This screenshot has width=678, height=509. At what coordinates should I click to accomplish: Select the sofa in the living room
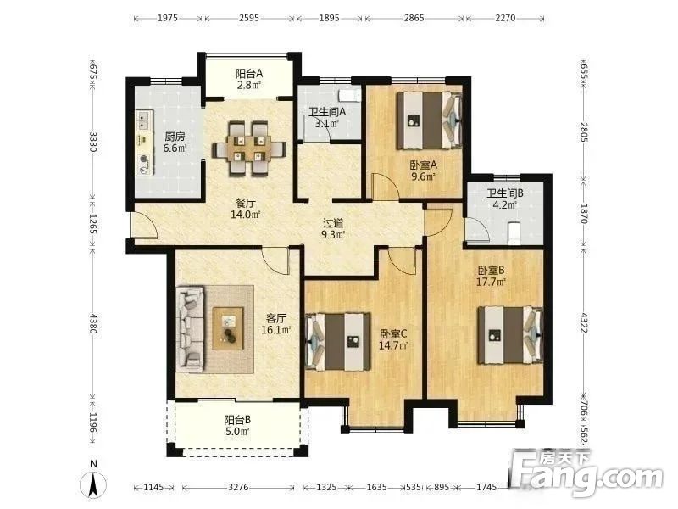[x=190, y=329]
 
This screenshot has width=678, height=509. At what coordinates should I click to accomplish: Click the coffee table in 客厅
[x=228, y=327]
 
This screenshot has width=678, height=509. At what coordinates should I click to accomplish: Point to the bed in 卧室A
[x=429, y=120]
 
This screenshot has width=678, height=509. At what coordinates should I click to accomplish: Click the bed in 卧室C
[x=337, y=342]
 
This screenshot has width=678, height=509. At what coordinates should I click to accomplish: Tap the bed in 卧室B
[x=510, y=335]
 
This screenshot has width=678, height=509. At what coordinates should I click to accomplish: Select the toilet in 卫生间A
[x=350, y=95]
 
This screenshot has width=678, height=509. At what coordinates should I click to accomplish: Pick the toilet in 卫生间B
[x=514, y=234]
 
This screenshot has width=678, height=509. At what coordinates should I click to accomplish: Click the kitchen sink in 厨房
[x=144, y=120]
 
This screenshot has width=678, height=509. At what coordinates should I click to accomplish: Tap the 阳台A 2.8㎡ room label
[x=248, y=79]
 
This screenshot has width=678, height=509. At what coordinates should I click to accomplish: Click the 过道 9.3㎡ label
[x=333, y=228]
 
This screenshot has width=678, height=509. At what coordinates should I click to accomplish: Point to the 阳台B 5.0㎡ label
[x=237, y=426]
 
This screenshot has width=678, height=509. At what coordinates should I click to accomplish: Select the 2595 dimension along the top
[x=249, y=18]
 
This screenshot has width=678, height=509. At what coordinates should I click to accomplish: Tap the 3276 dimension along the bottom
[x=238, y=487]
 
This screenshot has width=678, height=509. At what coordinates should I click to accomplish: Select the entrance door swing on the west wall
[x=144, y=226]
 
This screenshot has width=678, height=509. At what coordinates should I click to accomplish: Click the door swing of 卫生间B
[x=477, y=230]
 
